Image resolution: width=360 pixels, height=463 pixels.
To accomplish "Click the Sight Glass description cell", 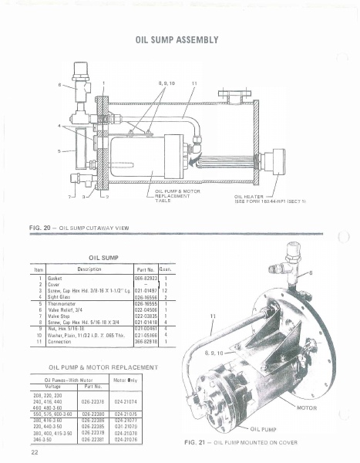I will coord(62,296).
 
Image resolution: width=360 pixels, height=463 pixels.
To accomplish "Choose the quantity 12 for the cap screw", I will coord(165,290).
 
